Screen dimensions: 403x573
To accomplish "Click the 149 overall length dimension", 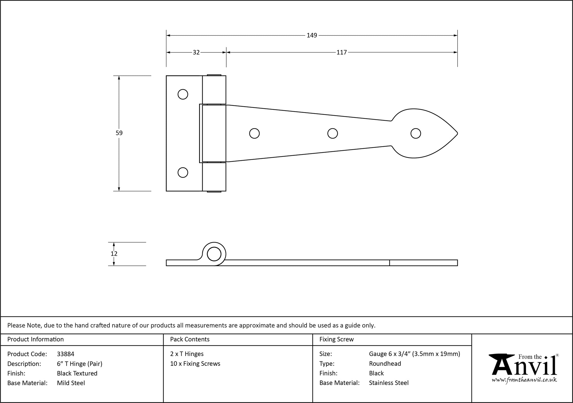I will pos(312,35).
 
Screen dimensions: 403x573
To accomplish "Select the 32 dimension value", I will pos(196,52).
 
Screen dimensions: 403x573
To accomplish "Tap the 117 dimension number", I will pos(342,52).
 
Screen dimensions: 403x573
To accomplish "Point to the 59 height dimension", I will pos(119,133).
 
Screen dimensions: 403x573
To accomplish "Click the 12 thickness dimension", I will pos(114,254).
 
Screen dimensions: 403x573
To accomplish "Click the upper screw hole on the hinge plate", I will pos(183,94).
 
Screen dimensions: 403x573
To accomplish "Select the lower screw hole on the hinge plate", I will pos(183,173).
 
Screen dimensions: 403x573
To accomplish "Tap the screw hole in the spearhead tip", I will pos(415,133).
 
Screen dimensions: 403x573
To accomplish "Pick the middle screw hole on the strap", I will pos(332,133).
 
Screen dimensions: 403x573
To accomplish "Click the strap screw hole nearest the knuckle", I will pos(254,133).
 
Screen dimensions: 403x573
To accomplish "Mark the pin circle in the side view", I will pos(214,254).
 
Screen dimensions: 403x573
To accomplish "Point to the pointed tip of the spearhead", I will pos(457,133).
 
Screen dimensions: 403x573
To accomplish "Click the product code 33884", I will pos(66,354).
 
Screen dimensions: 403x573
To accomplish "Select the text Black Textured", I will pos(77,373).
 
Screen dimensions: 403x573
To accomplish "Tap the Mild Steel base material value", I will pos(71,383).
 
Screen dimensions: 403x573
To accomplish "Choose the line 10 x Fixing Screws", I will pos(195,364).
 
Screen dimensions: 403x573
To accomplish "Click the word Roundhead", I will pos(385,364).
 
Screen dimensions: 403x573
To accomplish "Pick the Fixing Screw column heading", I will pos(336,339).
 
